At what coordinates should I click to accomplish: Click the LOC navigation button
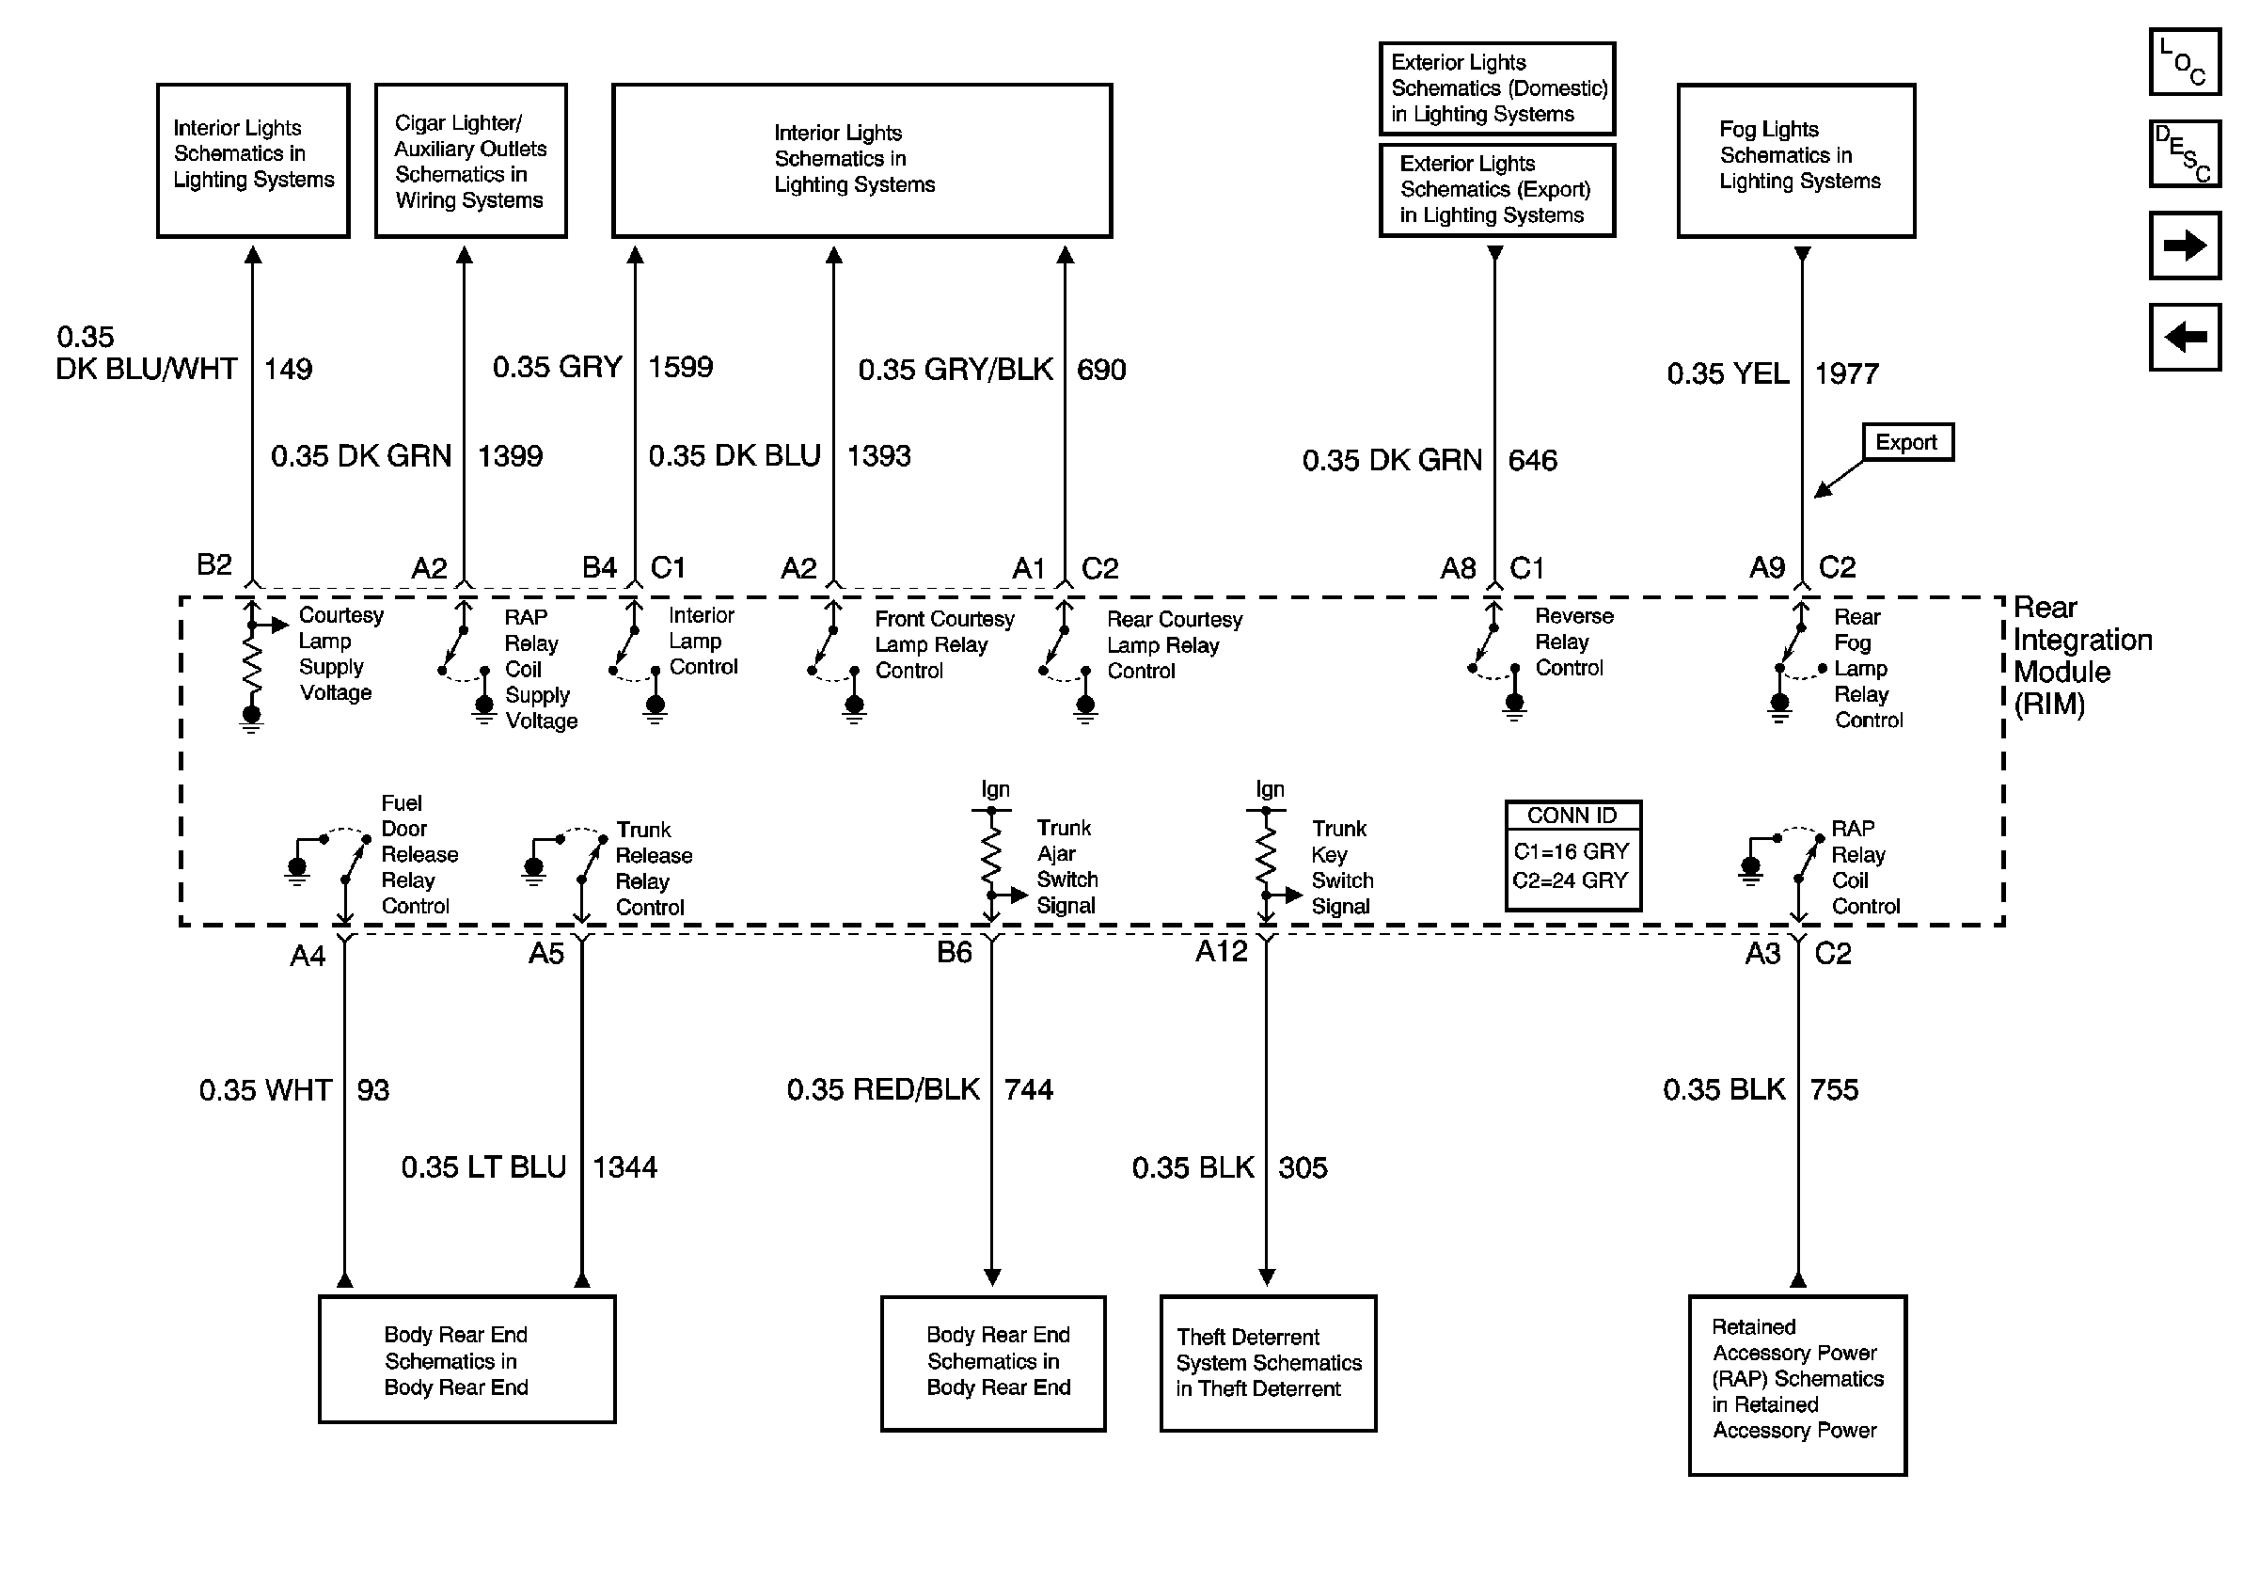tap(2183, 62)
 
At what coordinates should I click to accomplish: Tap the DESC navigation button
tap(2183, 153)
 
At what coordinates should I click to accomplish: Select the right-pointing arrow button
tap(2183, 245)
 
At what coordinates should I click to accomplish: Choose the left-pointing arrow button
tap(2183, 338)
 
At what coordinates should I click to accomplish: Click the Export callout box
tap(1906, 443)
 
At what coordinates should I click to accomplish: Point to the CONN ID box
tap(1572, 855)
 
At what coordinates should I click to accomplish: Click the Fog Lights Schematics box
tap(1795, 160)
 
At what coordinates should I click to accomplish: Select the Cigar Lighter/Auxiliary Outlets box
tap(470, 160)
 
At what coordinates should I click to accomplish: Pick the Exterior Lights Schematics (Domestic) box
tap(1496, 88)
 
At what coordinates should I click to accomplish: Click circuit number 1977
tap(1847, 373)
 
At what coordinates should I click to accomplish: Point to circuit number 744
tap(1028, 1089)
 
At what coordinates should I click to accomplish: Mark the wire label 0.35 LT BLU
tap(483, 1166)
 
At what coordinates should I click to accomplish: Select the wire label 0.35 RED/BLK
tap(882, 1089)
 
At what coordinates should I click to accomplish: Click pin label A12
tap(1221, 951)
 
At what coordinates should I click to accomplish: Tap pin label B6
tap(954, 952)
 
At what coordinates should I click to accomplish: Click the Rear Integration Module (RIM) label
tap(2081, 656)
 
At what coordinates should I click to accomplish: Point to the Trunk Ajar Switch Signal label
tap(1066, 866)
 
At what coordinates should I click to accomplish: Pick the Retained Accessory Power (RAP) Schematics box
tap(1796, 1385)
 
